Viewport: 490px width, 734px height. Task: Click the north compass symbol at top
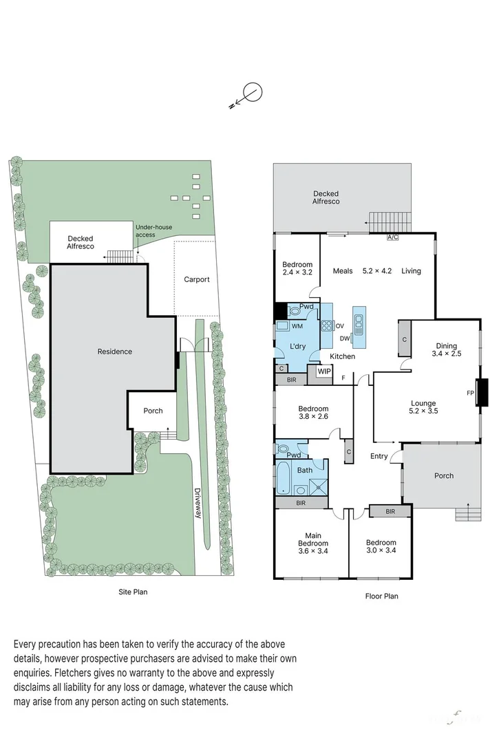[253, 92]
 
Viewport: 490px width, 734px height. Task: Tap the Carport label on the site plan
[196, 280]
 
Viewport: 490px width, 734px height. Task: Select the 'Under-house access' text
[155, 231]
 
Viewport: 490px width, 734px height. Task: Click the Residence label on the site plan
[114, 352]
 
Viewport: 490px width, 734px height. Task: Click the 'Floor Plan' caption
[381, 596]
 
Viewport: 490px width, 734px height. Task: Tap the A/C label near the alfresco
[392, 238]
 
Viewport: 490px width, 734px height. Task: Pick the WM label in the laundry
[297, 326]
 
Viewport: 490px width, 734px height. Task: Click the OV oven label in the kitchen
[340, 326]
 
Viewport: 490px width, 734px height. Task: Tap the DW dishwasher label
[345, 338]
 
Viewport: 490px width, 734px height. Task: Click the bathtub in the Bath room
[283, 479]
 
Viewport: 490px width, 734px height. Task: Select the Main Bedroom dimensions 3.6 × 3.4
[313, 550]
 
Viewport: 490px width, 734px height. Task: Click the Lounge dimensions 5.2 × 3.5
[423, 411]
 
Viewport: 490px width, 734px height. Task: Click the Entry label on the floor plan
[379, 456]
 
